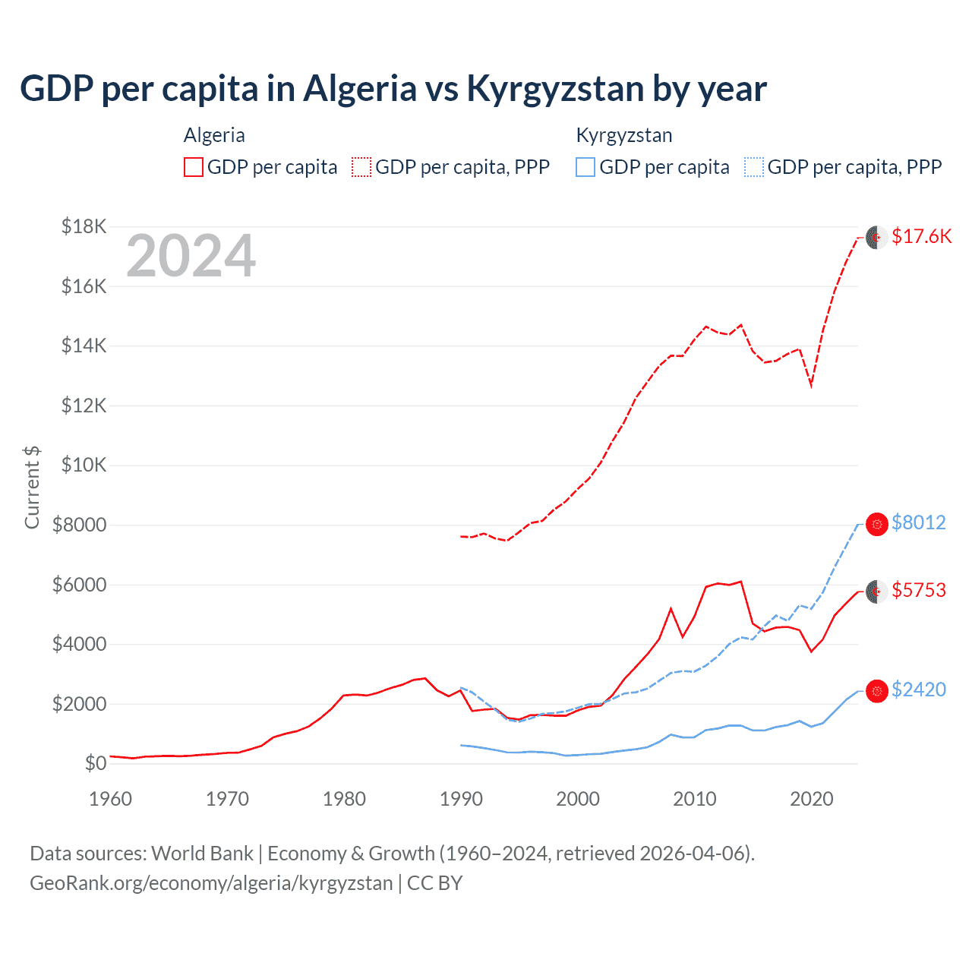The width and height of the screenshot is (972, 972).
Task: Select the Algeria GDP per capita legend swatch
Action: (194, 167)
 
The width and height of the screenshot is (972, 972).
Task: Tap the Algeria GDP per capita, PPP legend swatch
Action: (361, 167)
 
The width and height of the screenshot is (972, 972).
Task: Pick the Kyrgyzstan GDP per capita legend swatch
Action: (585, 167)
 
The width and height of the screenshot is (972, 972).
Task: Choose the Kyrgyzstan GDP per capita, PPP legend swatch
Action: (754, 167)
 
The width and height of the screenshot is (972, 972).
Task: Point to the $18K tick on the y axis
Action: (84, 226)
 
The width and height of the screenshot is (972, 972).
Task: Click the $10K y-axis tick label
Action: (84, 465)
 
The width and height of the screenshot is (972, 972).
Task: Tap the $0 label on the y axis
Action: (95, 763)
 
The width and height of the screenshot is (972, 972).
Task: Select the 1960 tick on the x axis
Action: (111, 799)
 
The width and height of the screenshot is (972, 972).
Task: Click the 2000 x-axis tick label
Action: (578, 799)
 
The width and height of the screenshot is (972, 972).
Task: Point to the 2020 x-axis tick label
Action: (812, 799)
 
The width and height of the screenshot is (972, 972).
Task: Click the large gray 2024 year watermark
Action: (191, 257)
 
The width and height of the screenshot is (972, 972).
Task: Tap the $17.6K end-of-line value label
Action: (921, 236)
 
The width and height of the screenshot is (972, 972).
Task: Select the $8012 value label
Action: (919, 522)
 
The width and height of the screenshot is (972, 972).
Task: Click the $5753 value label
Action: (919, 590)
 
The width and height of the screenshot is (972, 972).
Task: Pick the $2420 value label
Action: (919, 690)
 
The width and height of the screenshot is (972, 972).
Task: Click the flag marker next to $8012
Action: (877, 524)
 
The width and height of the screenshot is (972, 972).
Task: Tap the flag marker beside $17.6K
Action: (877, 237)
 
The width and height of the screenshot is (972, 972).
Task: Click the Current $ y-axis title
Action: (32, 487)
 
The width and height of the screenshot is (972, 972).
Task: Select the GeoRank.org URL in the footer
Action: (211, 883)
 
